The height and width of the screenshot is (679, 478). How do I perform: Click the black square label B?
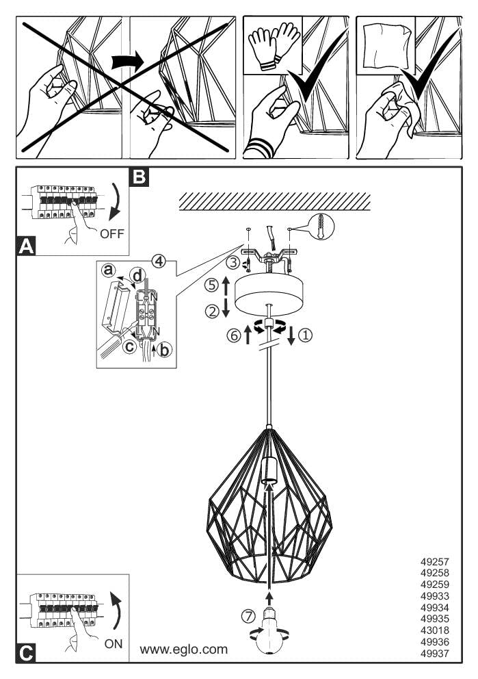point(139,177)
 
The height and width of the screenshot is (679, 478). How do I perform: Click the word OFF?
point(112,233)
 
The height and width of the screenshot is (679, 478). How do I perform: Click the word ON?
point(114,643)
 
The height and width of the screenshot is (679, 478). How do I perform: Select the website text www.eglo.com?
point(184,649)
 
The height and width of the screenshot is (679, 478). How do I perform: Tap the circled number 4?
point(158,261)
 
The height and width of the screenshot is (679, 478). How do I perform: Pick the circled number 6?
point(233,335)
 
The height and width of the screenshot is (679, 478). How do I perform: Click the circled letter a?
point(108,270)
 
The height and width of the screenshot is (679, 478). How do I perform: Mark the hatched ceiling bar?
point(274,201)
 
